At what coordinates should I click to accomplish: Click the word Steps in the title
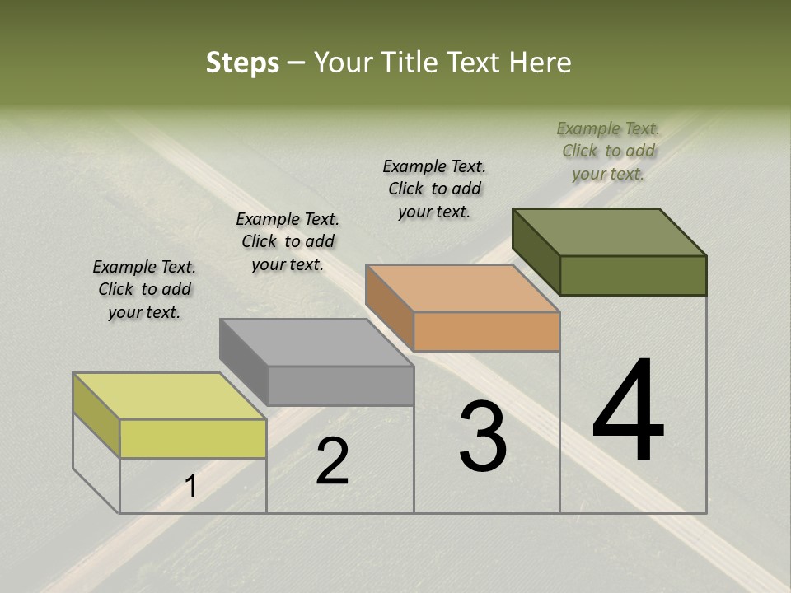[x=242, y=63]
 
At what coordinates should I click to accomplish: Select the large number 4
[x=628, y=413]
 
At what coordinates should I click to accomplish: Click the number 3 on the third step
[x=482, y=437]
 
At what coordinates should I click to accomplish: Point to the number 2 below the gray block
[x=332, y=461]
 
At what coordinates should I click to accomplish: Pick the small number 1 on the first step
[x=190, y=487]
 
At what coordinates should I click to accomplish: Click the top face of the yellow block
[x=169, y=396]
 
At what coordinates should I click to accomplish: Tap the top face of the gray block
[x=316, y=343]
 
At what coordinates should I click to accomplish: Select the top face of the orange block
[x=462, y=288]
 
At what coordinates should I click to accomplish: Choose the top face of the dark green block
[x=609, y=232]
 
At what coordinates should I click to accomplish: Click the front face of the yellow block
[x=193, y=438]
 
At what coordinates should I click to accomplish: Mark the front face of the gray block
[x=340, y=385]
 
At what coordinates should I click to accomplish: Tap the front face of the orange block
[x=486, y=332]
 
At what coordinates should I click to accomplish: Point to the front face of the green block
[x=633, y=275]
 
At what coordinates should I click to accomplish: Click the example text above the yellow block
[x=144, y=290]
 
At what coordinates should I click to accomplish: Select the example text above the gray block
[x=288, y=242]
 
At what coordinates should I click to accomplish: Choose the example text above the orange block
[x=434, y=189]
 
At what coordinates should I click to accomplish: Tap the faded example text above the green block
[x=608, y=151]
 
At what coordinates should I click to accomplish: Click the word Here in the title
[x=540, y=63]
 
